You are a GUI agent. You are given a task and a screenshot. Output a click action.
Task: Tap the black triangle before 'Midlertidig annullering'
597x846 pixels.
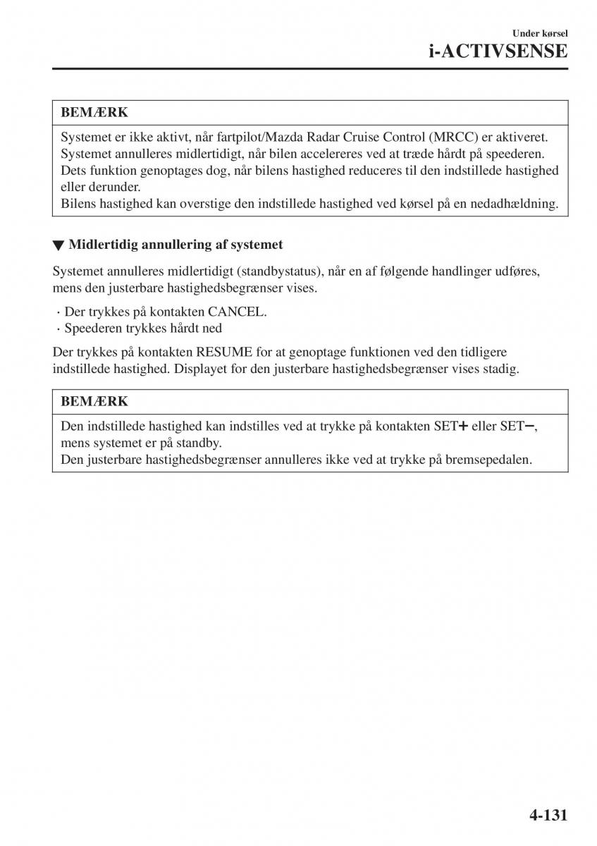point(59,245)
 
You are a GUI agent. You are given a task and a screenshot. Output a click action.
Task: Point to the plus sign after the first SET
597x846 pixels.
point(463,427)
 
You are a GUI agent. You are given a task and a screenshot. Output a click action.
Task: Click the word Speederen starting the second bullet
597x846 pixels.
point(92,328)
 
